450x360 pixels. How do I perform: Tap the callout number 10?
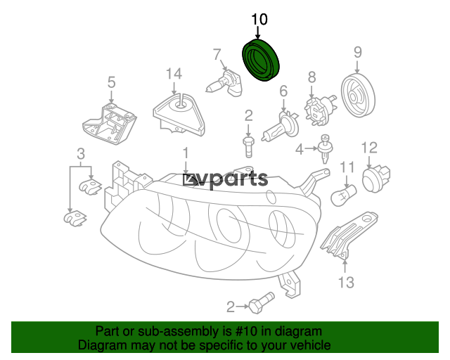point(259,19)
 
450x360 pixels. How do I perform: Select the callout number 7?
point(217,54)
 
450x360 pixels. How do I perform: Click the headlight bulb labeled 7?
point(224,84)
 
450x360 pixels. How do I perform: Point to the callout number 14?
point(174,74)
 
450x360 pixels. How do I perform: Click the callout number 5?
point(111,82)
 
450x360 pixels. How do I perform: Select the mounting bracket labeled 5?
point(109,124)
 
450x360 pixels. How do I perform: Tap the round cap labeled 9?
point(358,95)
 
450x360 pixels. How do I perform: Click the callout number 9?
point(358,52)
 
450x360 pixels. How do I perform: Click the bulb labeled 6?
point(281,127)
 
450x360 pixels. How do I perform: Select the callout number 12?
point(369,148)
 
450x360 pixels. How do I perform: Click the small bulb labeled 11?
point(344,195)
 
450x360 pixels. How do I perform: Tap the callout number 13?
point(346,283)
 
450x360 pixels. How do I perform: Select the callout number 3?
point(81,154)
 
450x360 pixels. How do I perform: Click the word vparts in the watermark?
point(233,180)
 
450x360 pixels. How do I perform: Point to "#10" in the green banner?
point(246,332)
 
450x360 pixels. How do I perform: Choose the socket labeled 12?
point(376,179)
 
